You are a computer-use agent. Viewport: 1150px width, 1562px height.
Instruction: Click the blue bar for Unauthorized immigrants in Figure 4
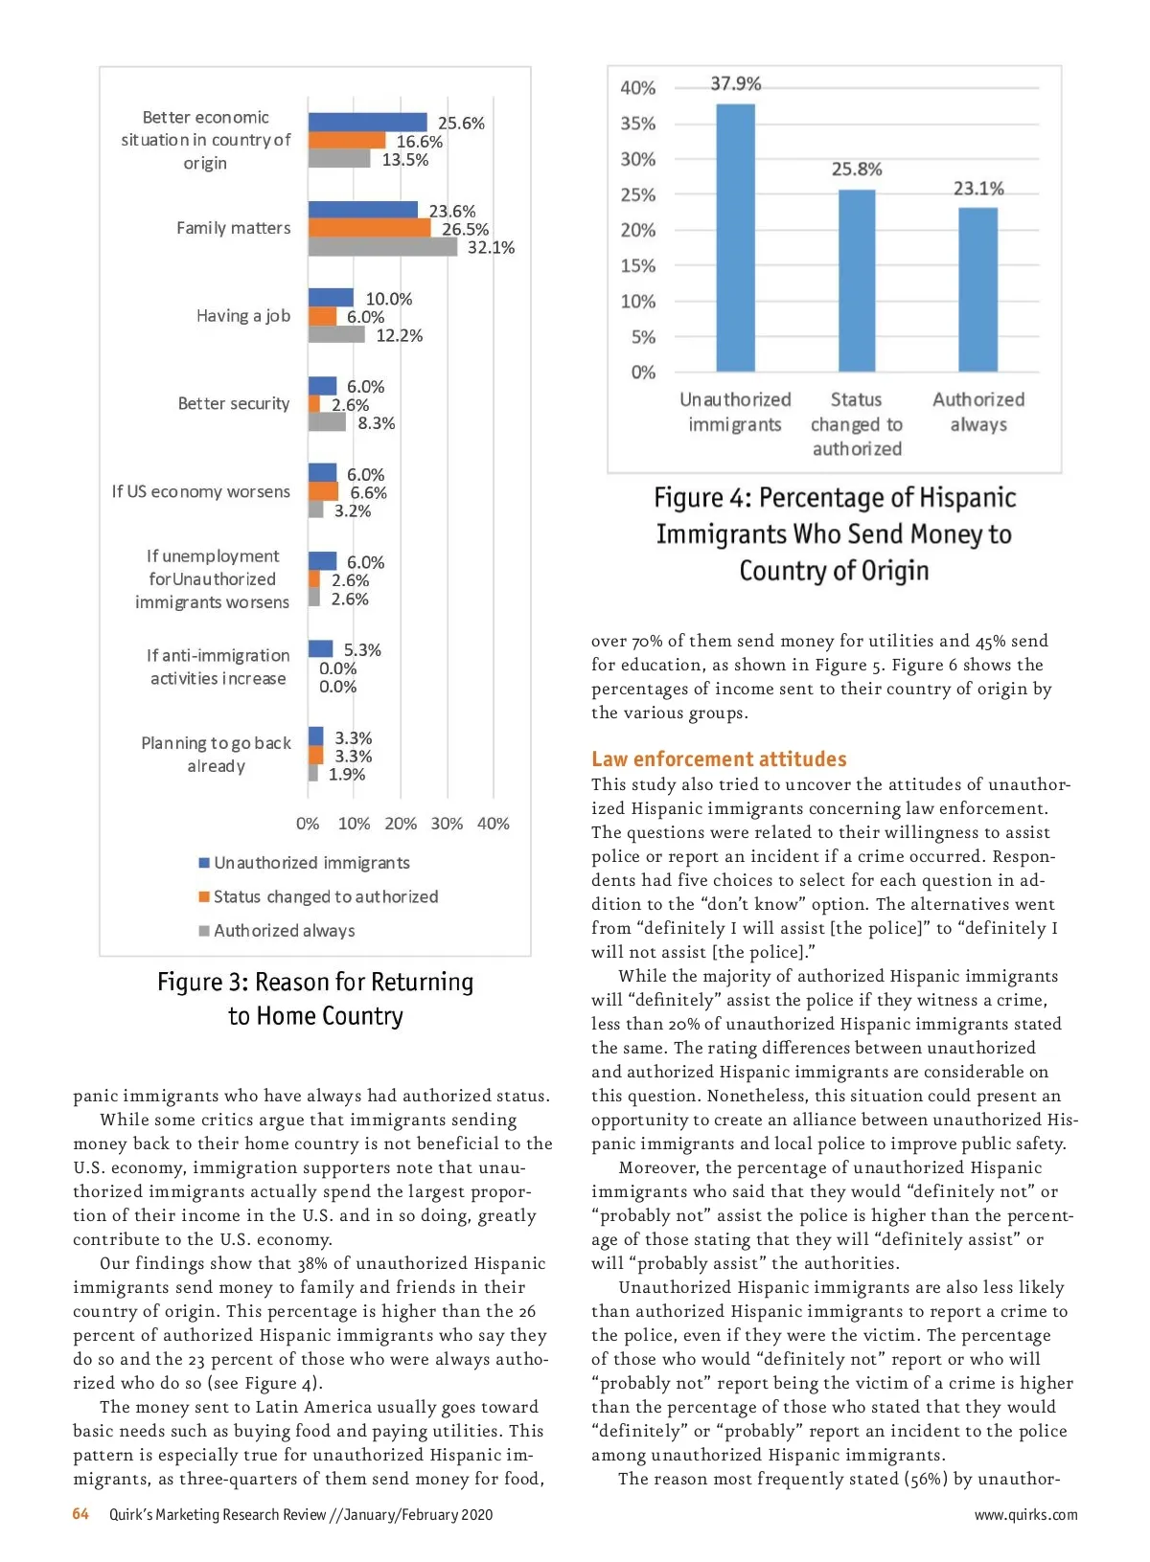735,238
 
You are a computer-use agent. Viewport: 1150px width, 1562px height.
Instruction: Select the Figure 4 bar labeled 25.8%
857,281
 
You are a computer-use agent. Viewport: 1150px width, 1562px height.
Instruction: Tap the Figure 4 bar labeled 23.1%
977,289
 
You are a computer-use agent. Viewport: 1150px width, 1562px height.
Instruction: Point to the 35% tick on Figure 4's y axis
637,124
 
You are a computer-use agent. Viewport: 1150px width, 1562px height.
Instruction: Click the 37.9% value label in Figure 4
736,84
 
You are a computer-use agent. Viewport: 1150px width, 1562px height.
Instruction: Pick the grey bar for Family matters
382,247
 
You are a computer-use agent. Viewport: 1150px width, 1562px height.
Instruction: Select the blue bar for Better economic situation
367,123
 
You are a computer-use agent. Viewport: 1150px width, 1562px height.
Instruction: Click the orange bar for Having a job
322,317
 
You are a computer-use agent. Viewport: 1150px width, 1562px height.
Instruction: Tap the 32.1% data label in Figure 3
491,248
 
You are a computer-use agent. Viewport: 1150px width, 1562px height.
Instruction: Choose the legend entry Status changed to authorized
325,896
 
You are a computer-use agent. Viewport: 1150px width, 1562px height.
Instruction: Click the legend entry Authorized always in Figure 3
284,931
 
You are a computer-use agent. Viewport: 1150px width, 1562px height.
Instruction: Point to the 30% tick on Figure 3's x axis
447,824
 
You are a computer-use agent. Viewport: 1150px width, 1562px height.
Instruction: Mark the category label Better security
234,404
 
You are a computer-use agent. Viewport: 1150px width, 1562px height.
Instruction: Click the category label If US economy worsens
200,491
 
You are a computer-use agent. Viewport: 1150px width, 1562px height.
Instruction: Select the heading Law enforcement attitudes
719,759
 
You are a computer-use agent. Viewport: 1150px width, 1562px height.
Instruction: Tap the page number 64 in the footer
80,1514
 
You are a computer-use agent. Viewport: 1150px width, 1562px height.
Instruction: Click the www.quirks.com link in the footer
1025,1515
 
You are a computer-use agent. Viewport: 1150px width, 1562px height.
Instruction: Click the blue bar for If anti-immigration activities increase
320,649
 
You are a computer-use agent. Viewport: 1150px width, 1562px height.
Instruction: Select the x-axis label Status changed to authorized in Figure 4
857,424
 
